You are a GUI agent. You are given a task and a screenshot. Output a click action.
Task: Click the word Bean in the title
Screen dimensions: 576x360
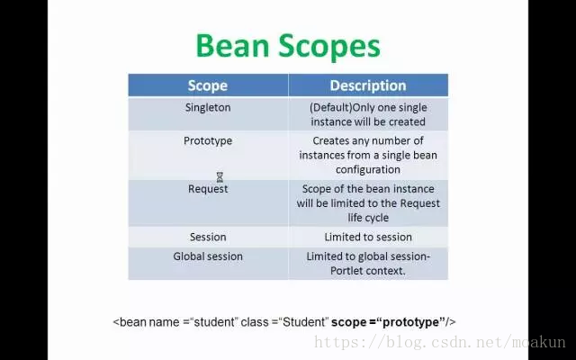232,45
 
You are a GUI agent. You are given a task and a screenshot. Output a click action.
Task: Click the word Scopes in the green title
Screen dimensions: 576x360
329,47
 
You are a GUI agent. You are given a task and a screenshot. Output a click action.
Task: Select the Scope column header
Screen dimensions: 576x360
208,85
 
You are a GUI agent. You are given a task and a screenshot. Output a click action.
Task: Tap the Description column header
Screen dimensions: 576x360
368,85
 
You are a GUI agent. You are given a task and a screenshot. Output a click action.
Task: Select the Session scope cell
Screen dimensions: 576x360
208,237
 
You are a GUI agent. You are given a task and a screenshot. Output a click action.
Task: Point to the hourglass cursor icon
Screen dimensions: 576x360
220,177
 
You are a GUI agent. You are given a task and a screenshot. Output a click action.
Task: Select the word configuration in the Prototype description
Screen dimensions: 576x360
368,170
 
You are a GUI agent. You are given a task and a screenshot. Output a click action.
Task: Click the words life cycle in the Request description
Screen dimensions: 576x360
368,218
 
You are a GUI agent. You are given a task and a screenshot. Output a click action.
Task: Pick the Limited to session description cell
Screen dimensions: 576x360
368,237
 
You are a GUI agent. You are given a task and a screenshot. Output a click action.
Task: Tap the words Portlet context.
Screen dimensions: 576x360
368,271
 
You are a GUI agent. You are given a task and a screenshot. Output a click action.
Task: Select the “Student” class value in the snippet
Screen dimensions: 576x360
303,322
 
